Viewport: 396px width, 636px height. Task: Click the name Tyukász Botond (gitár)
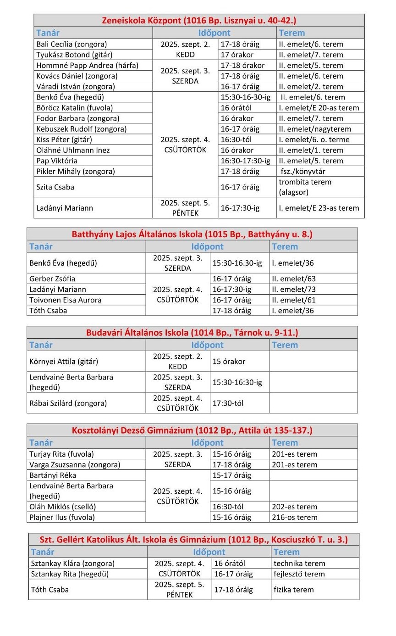click(69, 55)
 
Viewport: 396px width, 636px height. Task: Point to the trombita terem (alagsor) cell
click(305, 187)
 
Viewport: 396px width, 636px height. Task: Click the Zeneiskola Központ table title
click(198, 21)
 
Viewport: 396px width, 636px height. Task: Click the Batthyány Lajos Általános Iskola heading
click(192, 234)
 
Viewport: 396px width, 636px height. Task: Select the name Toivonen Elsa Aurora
click(66, 300)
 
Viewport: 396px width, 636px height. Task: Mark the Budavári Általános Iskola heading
click(192, 333)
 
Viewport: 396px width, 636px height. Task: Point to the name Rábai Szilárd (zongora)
click(68, 403)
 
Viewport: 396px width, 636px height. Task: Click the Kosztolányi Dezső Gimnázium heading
click(192, 430)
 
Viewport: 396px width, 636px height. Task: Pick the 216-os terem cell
click(294, 518)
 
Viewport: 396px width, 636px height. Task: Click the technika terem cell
click(299, 563)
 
